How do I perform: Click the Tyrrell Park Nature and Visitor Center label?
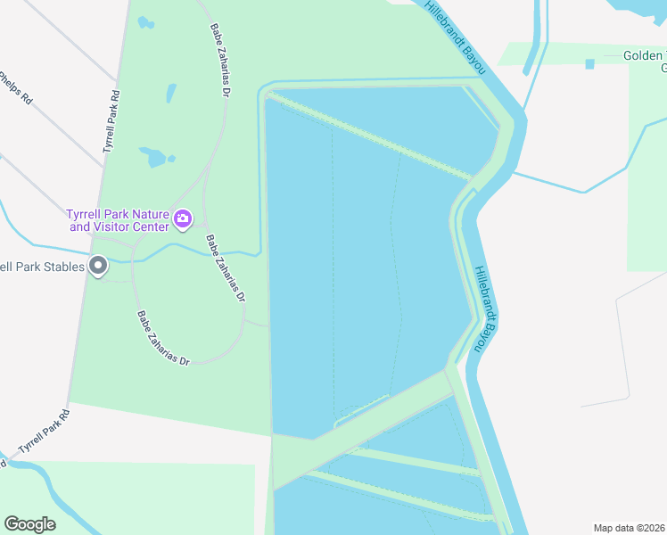point(117,220)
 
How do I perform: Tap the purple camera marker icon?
point(183,218)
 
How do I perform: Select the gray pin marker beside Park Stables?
point(98,266)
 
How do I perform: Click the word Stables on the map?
point(61,267)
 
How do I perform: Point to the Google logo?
point(29,524)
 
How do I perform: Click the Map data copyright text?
point(630,528)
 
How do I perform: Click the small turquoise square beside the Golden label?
point(589,64)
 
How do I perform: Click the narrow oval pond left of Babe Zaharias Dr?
point(170,93)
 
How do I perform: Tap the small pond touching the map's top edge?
point(146,22)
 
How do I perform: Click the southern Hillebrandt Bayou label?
point(482,309)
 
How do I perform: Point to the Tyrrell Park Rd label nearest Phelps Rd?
point(111,121)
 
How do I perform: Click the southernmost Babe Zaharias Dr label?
point(163,339)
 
